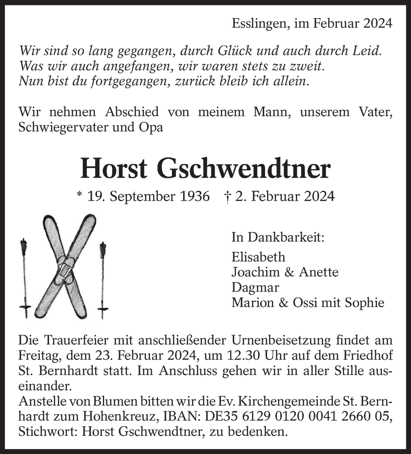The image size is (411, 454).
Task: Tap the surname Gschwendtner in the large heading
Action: click(x=244, y=169)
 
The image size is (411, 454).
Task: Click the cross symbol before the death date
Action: click(x=227, y=196)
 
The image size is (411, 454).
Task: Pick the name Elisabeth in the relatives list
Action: click(x=258, y=257)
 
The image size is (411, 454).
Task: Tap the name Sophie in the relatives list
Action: click(x=366, y=302)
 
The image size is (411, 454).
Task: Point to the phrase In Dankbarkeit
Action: click(x=278, y=237)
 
